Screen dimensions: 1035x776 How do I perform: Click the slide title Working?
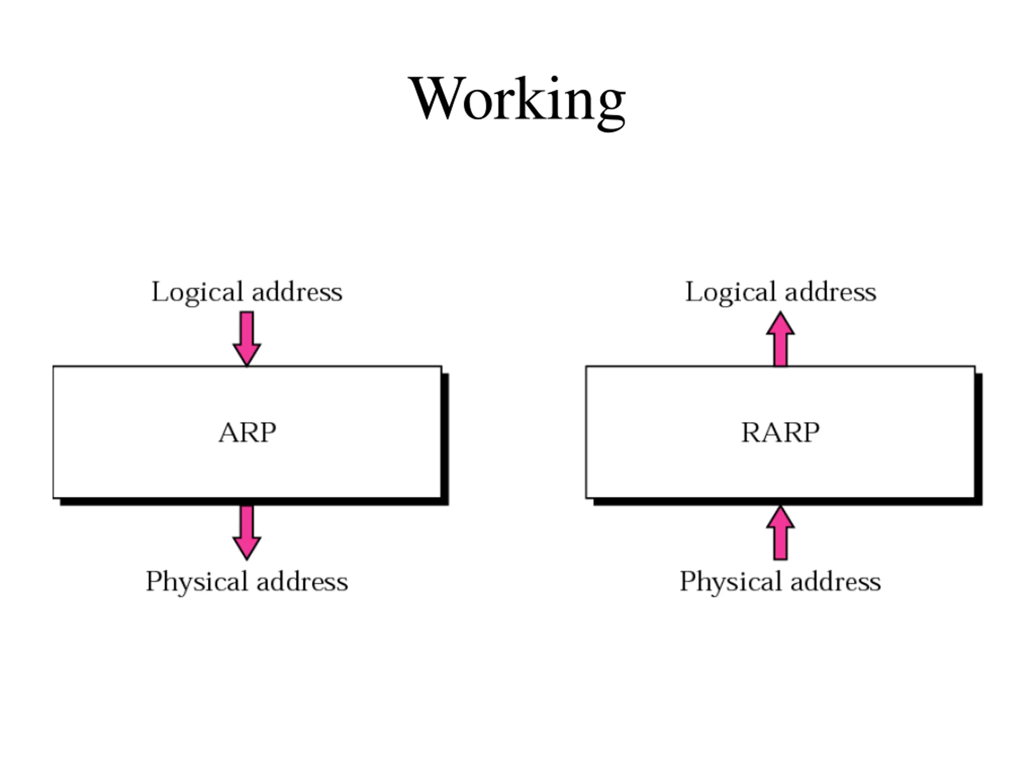[517, 102]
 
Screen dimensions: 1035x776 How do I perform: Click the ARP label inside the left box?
[247, 432]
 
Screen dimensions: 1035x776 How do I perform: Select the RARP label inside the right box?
[780, 432]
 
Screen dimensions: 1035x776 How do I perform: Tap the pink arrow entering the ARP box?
[247, 339]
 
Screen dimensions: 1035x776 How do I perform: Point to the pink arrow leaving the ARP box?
[247, 533]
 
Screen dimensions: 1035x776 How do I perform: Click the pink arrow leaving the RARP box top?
[780, 339]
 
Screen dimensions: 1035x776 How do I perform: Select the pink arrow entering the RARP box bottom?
[780, 533]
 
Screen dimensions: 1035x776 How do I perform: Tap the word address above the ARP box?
[297, 292]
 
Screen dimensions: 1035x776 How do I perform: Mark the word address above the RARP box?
[831, 292]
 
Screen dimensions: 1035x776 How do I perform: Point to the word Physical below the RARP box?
[731, 582]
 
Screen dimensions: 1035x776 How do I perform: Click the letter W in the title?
[437, 98]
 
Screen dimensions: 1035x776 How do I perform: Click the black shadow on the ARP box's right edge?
[446, 439]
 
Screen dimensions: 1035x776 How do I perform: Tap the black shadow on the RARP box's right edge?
[979, 439]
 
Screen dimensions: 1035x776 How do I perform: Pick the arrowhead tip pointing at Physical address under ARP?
[247, 560]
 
